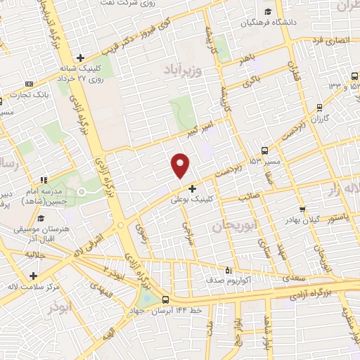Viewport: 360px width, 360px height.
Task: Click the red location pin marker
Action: (x=181, y=164)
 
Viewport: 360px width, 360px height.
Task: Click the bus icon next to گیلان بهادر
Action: (x=303, y=209)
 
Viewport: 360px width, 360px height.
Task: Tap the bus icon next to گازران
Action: (x=320, y=108)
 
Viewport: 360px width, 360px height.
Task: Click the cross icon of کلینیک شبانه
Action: (x=81, y=58)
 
